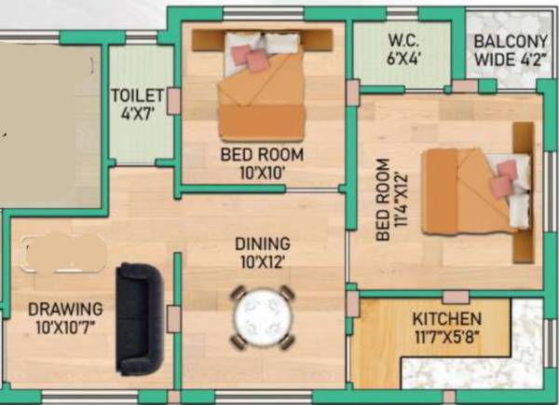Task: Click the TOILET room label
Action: point(138,95)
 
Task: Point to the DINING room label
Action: point(262,244)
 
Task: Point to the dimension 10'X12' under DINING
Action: point(262,262)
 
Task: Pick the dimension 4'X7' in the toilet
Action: point(138,112)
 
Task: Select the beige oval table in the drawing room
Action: point(63,253)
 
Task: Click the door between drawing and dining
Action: point(173,318)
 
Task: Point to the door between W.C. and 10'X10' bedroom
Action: point(352,92)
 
